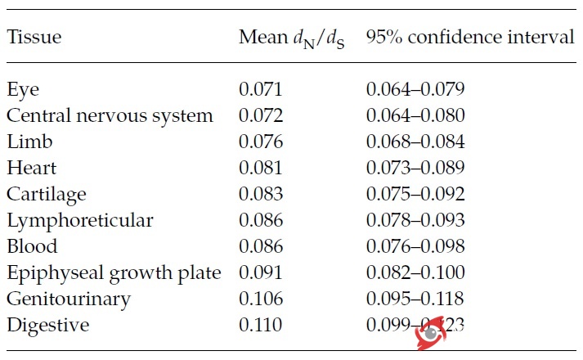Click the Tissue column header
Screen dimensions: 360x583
point(34,38)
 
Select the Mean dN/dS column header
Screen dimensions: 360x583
point(291,38)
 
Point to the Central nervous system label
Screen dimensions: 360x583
point(110,116)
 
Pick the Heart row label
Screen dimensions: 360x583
point(32,169)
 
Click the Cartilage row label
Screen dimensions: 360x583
point(47,195)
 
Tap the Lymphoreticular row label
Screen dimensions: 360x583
point(79,221)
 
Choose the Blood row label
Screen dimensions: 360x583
point(32,247)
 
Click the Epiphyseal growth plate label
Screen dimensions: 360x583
point(114,273)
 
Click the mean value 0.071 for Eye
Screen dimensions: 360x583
point(261,90)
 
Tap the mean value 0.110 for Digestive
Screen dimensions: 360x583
point(261,326)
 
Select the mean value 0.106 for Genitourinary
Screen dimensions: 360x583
point(261,299)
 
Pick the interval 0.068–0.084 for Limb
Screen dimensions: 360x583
point(415,142)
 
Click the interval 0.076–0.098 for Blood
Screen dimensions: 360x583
point(415,247)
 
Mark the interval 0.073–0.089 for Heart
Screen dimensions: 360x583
point(415,169)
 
